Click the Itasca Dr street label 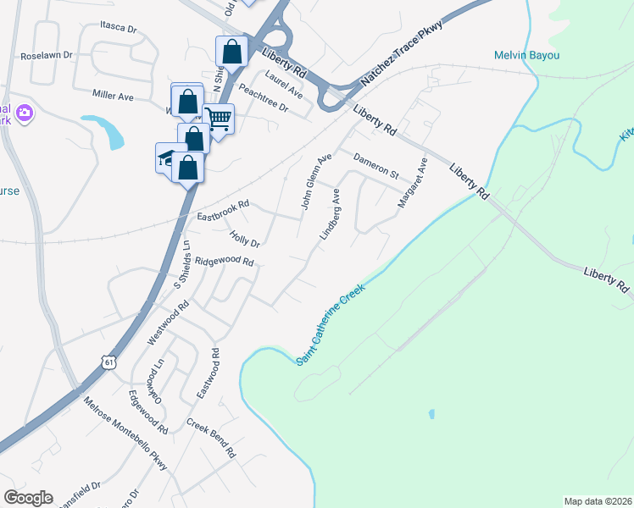(x=118, y=28)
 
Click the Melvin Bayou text (x=526, y=56)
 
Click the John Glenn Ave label (x=314, y=181)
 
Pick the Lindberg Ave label (x=331, y=213)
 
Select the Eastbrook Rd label (x=223, y=210)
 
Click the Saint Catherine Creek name (x=331, y=324)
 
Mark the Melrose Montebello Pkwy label (x=125, y=433)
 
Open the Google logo (x=28, y=497)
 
